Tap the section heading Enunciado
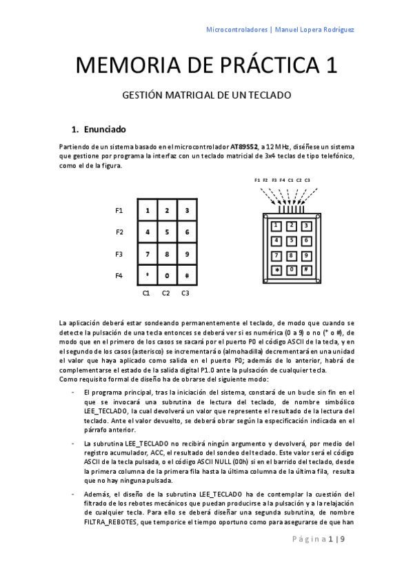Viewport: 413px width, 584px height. coord(104,129)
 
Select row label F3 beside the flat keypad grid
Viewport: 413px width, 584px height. coord(119,254)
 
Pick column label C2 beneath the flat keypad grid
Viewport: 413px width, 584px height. coord(165,293)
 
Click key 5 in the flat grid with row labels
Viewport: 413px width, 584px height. coord(166,232)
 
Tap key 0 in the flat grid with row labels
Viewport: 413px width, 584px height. coord(166,276)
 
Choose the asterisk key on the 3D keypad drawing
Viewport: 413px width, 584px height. coord(276,269)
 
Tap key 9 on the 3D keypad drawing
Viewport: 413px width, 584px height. coord(306,255)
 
